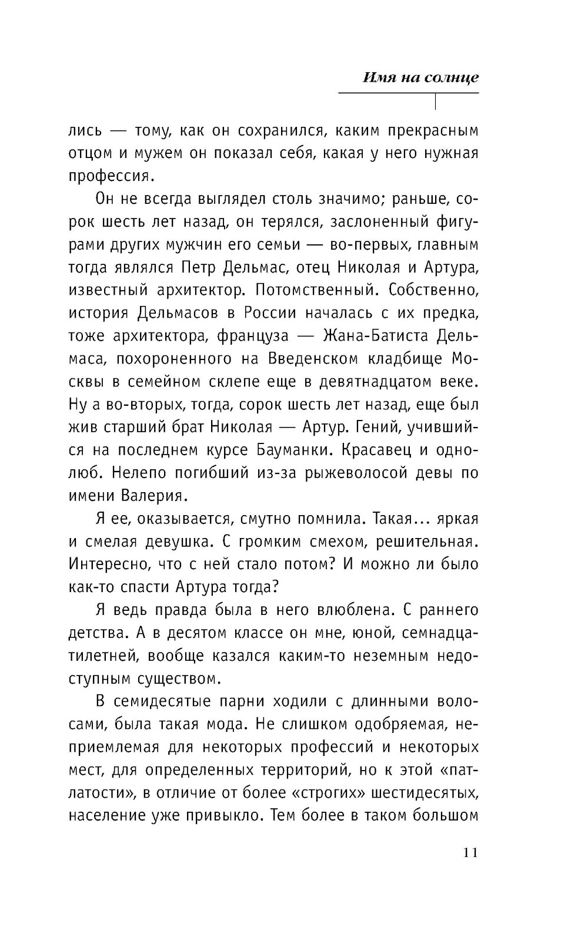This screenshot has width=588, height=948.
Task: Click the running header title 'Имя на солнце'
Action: [420, 78]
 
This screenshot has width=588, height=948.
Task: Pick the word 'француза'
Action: [253, 336]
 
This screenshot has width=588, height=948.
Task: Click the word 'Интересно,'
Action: [109, 564]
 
